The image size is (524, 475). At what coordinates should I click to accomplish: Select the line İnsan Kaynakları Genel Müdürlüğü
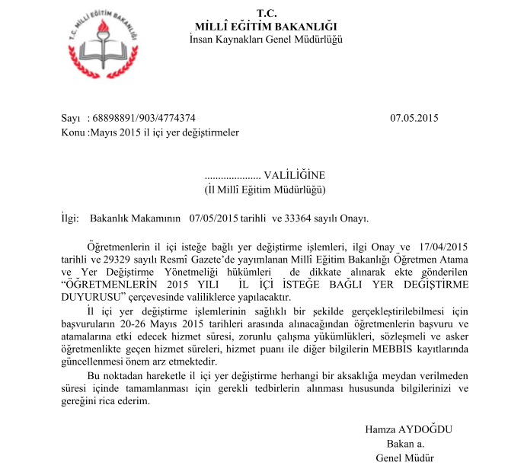pyautogui.click(x=266, y=39)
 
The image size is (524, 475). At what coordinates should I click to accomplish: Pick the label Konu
pyautogui.click(x=72, y=132)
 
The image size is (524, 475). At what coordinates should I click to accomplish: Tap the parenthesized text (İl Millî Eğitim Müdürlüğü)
pyautogui.click(x=266, y=188)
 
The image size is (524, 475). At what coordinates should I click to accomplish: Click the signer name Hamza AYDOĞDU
pyautogui.click(x=408, y=429)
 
